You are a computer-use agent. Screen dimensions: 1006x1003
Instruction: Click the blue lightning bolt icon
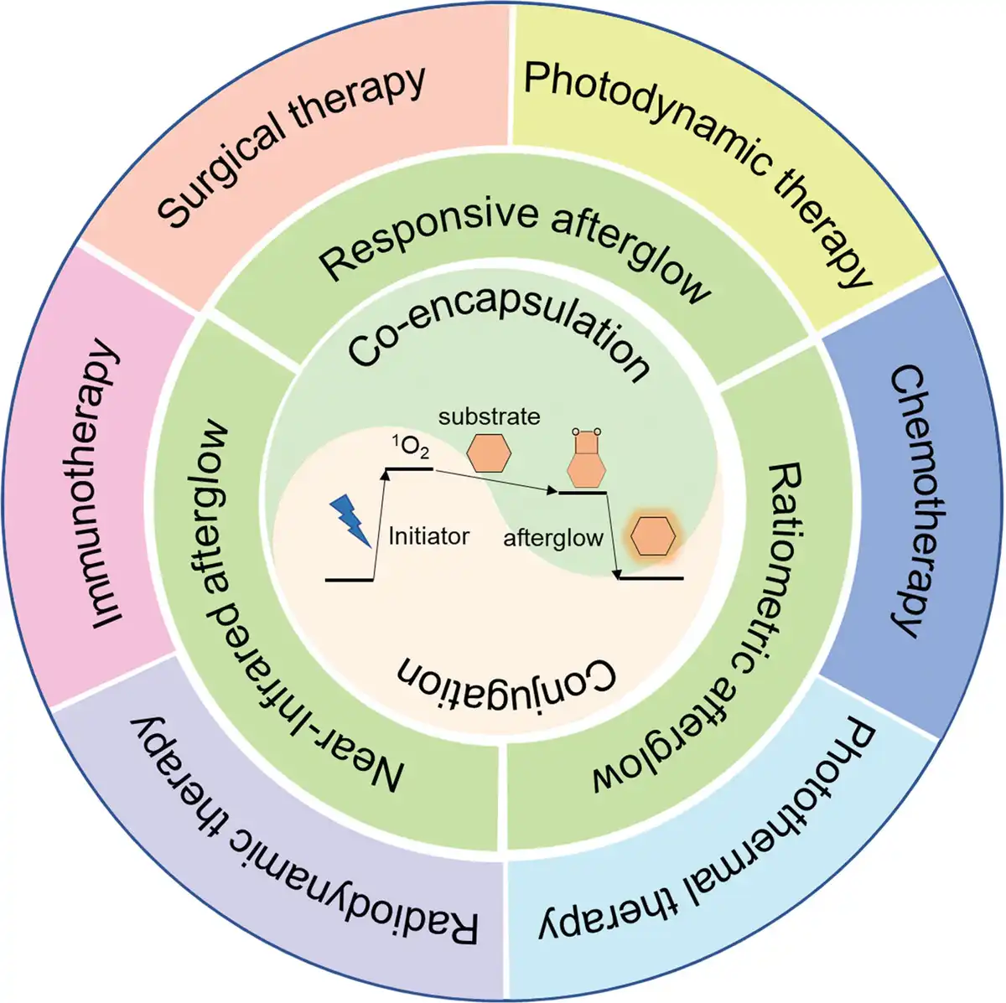(x=350, y=520)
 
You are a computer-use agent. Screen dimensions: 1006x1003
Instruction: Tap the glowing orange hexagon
(x=652, y=536)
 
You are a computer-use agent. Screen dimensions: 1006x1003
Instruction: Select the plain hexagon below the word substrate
(x=489, y=452)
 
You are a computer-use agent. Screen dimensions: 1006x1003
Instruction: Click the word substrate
(x=489, y=416)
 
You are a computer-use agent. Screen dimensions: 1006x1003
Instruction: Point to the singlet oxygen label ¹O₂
(x=412, y=447)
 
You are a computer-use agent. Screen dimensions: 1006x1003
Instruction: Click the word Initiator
(x=428, y=536)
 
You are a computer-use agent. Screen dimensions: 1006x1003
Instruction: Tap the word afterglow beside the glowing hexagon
(x=552, y=538)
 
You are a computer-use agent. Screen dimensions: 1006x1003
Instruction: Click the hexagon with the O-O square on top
(x=586, y=458)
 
